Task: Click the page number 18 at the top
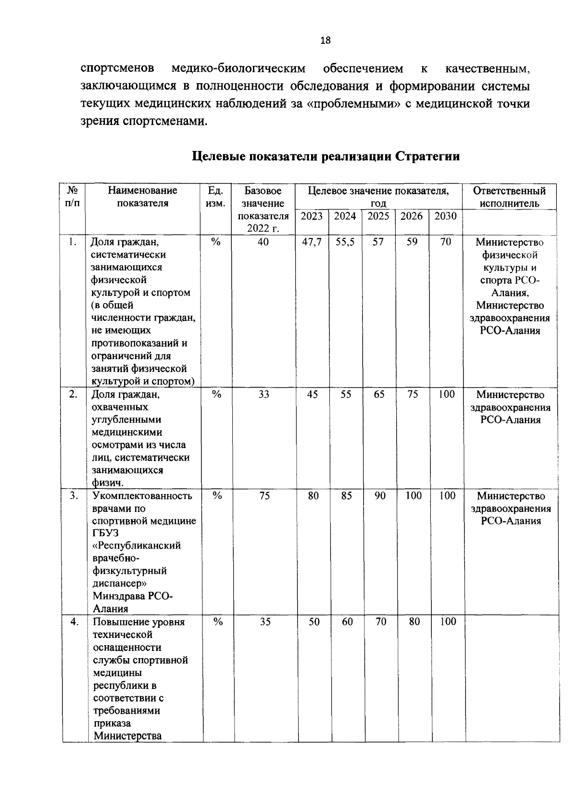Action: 326,40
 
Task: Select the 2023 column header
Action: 312,216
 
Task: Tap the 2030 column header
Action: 445,216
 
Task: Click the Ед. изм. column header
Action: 215,197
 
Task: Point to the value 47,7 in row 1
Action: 312,242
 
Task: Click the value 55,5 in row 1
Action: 345,242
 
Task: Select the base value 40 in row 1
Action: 263,242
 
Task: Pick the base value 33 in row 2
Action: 263,395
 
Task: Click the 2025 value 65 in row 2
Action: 379,395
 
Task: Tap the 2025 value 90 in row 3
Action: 380,496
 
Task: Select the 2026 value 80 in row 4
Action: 414,622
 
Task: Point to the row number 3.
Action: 73,496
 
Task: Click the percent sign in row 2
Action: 217,395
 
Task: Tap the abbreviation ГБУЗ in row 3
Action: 106,533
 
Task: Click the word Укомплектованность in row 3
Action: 142,496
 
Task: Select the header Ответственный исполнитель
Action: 509,197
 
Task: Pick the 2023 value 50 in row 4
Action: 314,622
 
